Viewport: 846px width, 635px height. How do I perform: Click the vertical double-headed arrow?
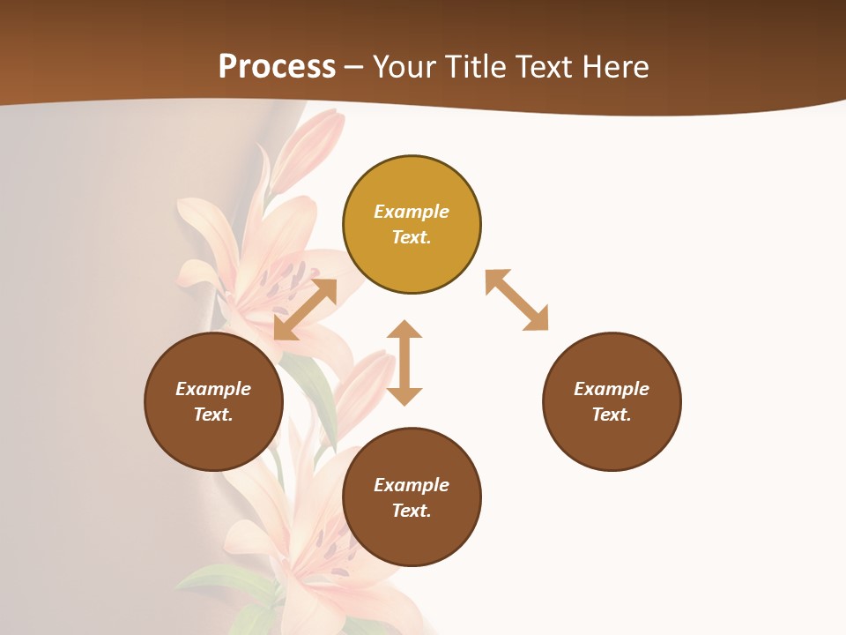click(404, 362)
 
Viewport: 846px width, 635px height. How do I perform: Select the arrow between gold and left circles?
click(305, 310)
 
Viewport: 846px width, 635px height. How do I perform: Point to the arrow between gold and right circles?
click(516, 300)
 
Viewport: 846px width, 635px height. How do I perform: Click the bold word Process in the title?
click(277, 66)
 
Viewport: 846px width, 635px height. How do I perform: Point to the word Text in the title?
click(545, 66)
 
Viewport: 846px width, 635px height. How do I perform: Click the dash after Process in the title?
click(353, 67)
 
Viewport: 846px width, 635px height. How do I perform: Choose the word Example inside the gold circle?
click(412, 212)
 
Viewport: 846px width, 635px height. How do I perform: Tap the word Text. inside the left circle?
click(213, 415)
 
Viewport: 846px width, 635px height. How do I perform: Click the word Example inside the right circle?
click(612, 389)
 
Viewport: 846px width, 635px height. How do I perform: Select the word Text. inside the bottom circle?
click(412, 511)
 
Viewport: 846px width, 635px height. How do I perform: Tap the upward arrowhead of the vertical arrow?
click(404, 331)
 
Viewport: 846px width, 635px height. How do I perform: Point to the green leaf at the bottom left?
click(220, 582)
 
